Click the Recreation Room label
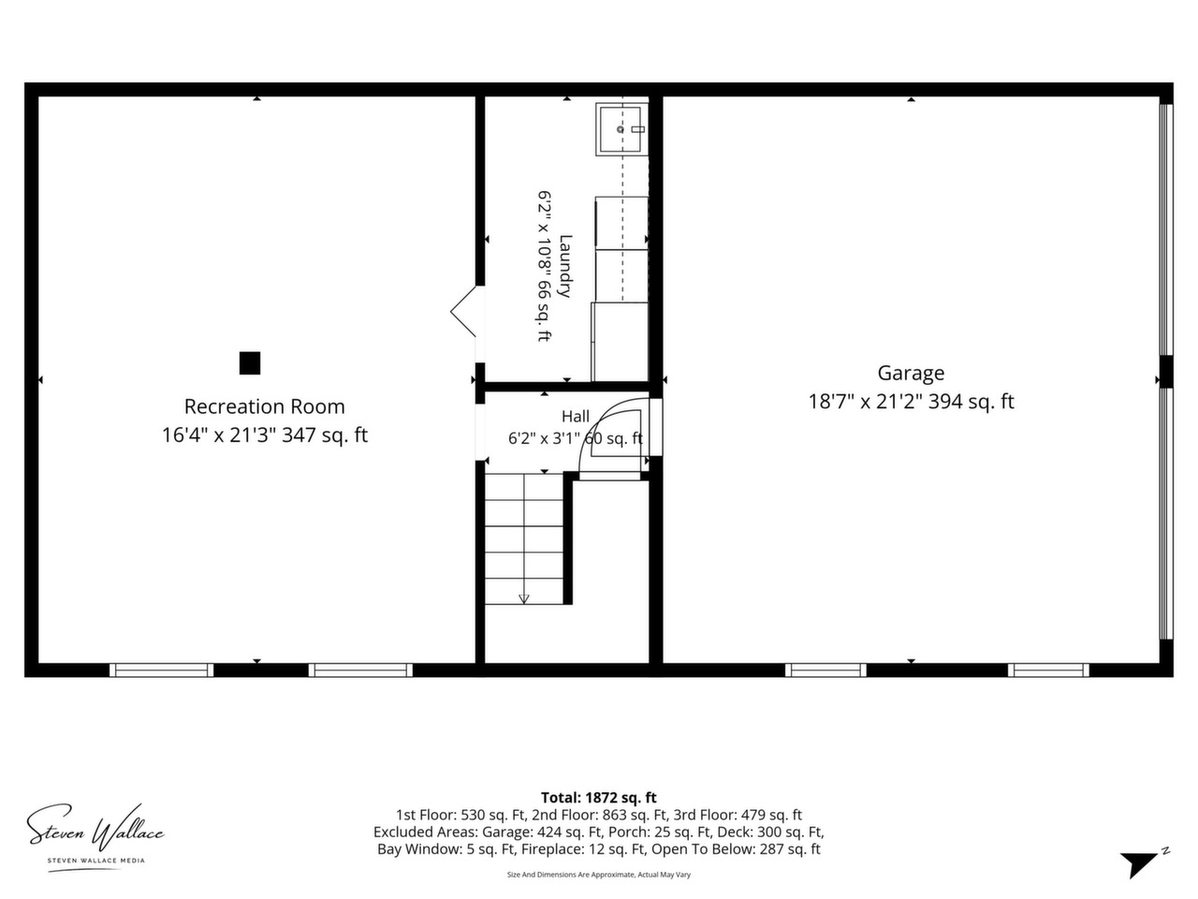(264, 406)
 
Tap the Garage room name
(911, 373)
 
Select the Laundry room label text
(566, 266)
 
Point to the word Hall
(576, 417)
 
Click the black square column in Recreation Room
(250, 363)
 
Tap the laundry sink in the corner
(621, 129)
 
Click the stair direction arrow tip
(524, 602)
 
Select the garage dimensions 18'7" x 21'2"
(865, 402)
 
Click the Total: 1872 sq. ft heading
(599, 798)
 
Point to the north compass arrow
(1139, 863)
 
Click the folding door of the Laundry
(464, 311)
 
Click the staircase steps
(524, 538)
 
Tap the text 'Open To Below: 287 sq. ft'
(736, 848)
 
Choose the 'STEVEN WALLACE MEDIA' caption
(96, 861)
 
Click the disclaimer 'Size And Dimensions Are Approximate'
(571, 875)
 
